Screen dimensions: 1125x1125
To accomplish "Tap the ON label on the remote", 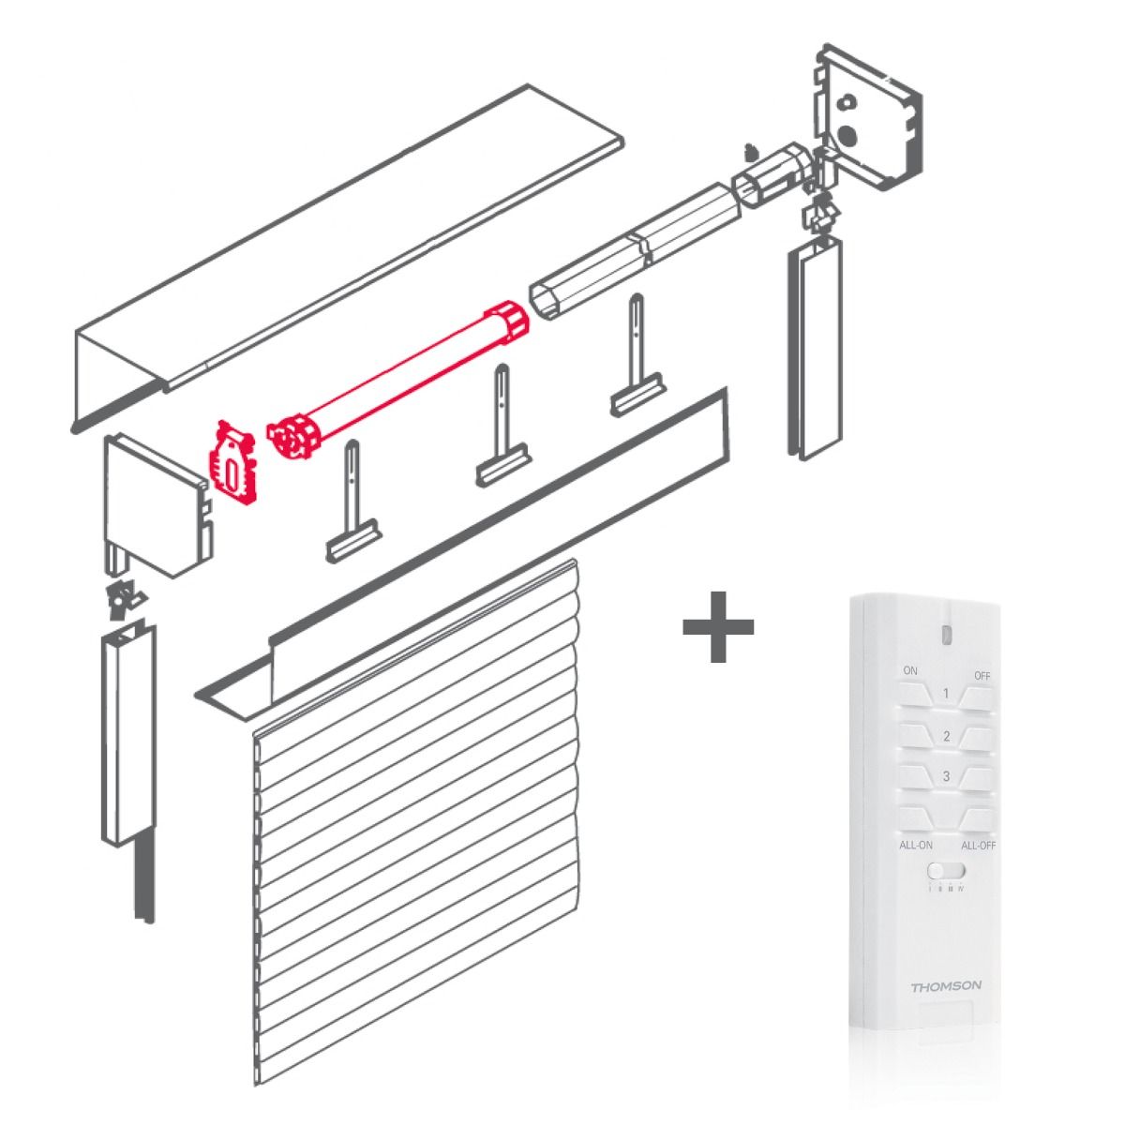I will (x=909, y=671).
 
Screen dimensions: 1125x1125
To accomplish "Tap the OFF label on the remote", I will (x=982, y=676).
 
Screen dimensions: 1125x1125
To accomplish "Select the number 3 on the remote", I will (x=946, y=776).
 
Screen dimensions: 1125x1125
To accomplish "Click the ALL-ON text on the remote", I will (x=916, y=845).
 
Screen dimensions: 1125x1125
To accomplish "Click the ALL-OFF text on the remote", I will (x=978, y=845).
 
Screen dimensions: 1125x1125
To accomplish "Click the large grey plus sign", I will (x=718, y=626).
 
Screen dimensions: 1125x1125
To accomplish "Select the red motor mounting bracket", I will (x=232, y=462).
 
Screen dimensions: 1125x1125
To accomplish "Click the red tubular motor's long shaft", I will (x=403, y=379).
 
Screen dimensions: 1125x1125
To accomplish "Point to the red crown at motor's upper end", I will (x=507, y=322).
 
